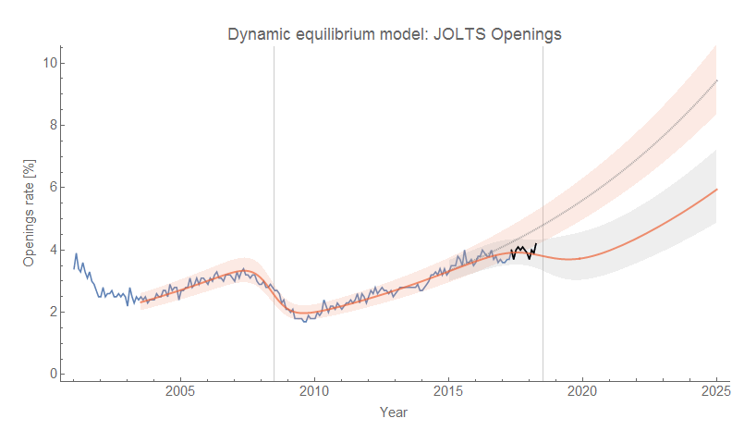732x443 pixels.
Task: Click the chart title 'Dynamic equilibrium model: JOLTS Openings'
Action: [395, 34]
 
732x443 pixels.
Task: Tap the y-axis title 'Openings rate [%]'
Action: [29, 219]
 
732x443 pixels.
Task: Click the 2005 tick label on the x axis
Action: [179, 390]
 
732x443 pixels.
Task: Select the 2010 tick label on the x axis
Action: [314, 390]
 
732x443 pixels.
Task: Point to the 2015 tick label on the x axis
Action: [448, 390]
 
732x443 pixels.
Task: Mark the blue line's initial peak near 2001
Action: [77, 253]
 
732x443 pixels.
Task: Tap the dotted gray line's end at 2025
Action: [716, 80]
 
